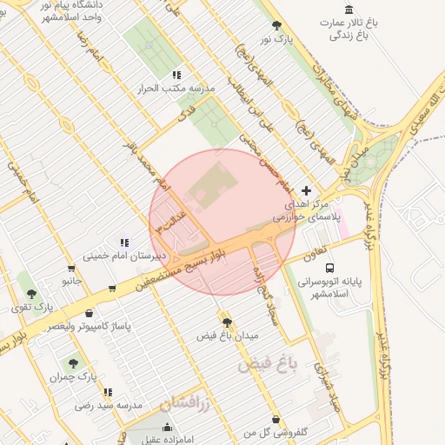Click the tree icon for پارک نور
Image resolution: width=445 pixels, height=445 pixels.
(x=277, y=25)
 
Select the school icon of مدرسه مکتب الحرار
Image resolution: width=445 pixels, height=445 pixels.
(x=177, y=76)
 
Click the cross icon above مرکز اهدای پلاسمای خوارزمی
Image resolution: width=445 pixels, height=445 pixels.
(x=306, y=189)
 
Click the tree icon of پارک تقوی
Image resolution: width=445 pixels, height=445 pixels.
(x=32, y=295)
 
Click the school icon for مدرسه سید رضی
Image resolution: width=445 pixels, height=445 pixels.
(x=108, y=393)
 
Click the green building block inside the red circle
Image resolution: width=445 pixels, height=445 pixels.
(x=206, y=189)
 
